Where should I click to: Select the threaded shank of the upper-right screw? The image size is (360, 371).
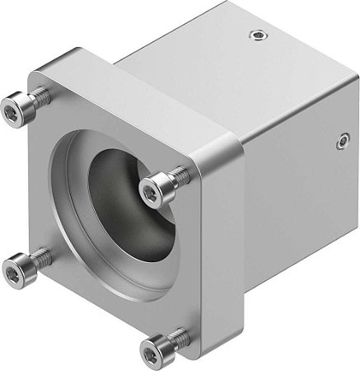(180, 176)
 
